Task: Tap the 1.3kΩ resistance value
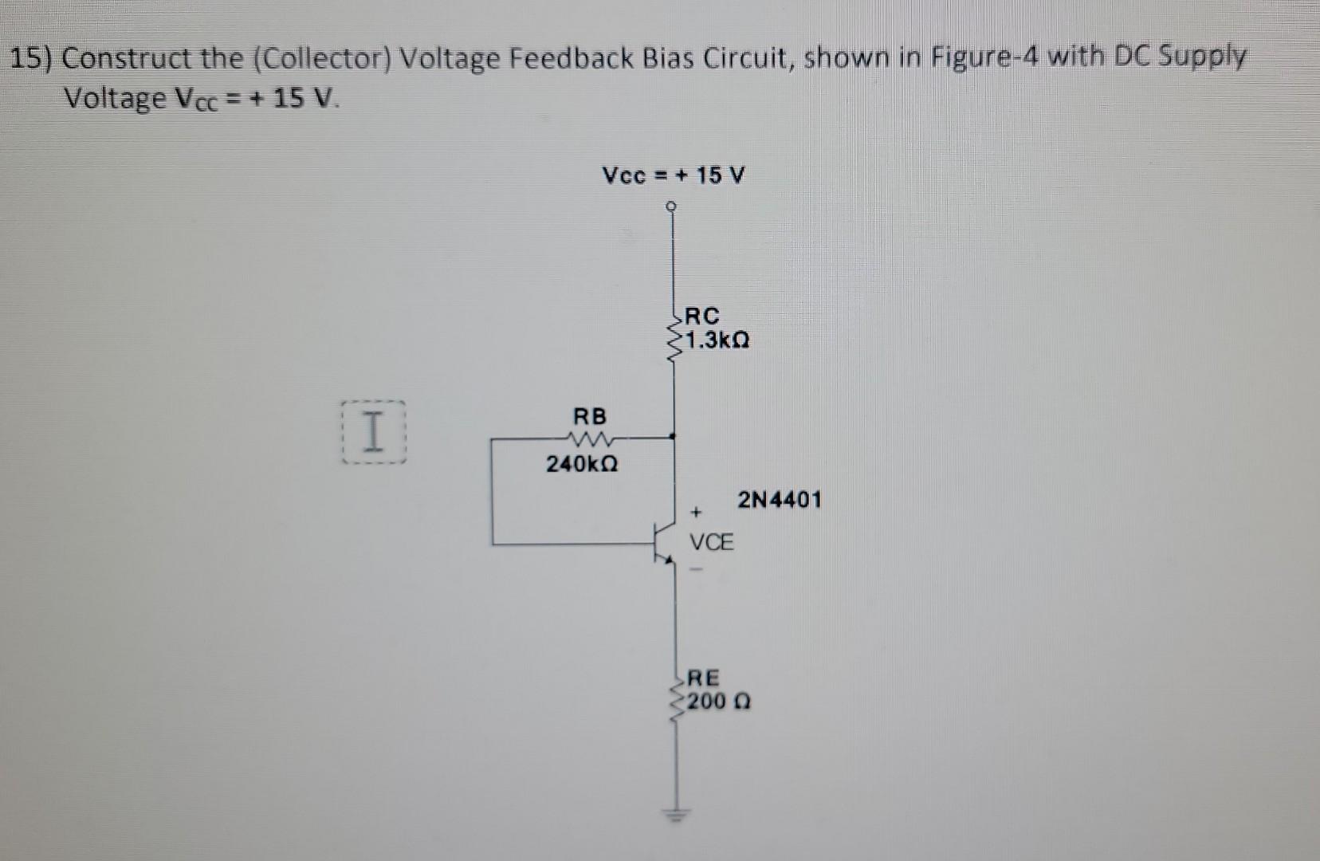point(717,341)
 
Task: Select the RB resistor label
point(590,416)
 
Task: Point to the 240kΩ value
point(582,463)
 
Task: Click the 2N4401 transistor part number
point(779,501)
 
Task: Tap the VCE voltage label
point(711,543)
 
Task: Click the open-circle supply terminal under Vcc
point(674,206)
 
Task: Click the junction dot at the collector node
point(674,436)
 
